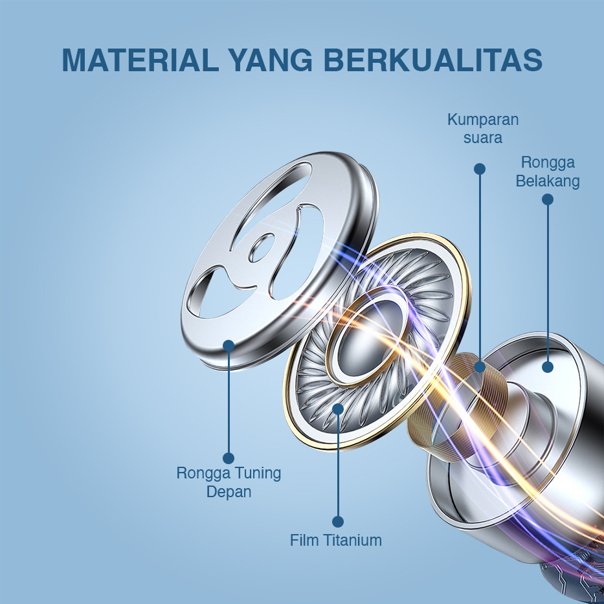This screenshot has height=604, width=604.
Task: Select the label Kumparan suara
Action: click(x=483, y=129)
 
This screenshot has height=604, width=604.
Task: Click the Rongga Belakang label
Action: click(x=548, y=172)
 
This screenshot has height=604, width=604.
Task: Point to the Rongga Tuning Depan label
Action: click(x=229, y=482)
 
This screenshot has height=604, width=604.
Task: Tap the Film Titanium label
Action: click(x=336, y=540)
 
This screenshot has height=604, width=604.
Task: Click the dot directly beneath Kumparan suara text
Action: click(x=480, y=169)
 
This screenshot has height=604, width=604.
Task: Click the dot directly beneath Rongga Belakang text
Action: click(x=548, y=199)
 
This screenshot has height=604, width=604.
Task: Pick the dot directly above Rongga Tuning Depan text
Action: click(x=229, y=458)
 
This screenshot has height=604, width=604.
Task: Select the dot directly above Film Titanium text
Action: click(x=338, y=522)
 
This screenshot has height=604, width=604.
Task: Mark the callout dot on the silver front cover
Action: click(x=229, y=346)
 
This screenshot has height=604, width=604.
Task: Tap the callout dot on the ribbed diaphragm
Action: click(x=338, y=408)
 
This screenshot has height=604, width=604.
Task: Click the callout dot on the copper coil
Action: click(x=480, y=366)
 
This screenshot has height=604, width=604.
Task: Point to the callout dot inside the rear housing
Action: click(x=548, y=366)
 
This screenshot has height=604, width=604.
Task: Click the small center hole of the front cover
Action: click(x=262, y=248)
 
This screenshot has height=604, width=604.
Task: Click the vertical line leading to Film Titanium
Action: click(x=338, y=465)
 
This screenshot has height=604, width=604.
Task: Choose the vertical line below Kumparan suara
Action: click(x=480, y=268)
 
